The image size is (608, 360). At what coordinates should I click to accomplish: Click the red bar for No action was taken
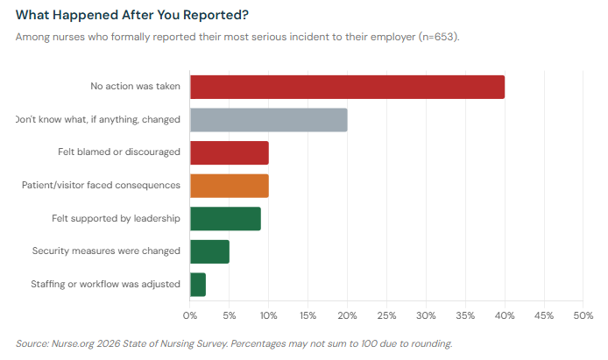[x=347, y=87]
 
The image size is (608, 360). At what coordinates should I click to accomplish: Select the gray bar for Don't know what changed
[x=268, y=119]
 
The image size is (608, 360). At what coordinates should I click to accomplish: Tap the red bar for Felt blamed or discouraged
[x=229, y=152]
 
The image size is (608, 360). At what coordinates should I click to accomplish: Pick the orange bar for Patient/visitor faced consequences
[x=229, y=185]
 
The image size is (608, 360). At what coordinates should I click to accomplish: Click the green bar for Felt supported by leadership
[x=225, y=218]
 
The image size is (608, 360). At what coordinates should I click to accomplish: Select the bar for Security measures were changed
[x=209, y=251]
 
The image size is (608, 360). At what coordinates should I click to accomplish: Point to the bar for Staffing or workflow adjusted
[x=198, y=284]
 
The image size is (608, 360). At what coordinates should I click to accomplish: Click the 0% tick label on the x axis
[x=190, y=314]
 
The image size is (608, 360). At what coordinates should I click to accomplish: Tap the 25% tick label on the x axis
[x=386, y=314]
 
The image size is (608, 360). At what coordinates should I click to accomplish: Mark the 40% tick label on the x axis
[x=505, y=314]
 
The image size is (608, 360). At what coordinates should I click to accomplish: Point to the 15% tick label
[x=308, y=314]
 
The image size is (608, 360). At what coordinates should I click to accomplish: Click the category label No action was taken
[x=135, y=86]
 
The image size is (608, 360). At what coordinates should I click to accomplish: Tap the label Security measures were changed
[x=106, y=251]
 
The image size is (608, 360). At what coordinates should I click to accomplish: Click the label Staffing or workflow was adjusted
[x=105, y=284]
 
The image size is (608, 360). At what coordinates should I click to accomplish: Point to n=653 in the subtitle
[x=435, y=37]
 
